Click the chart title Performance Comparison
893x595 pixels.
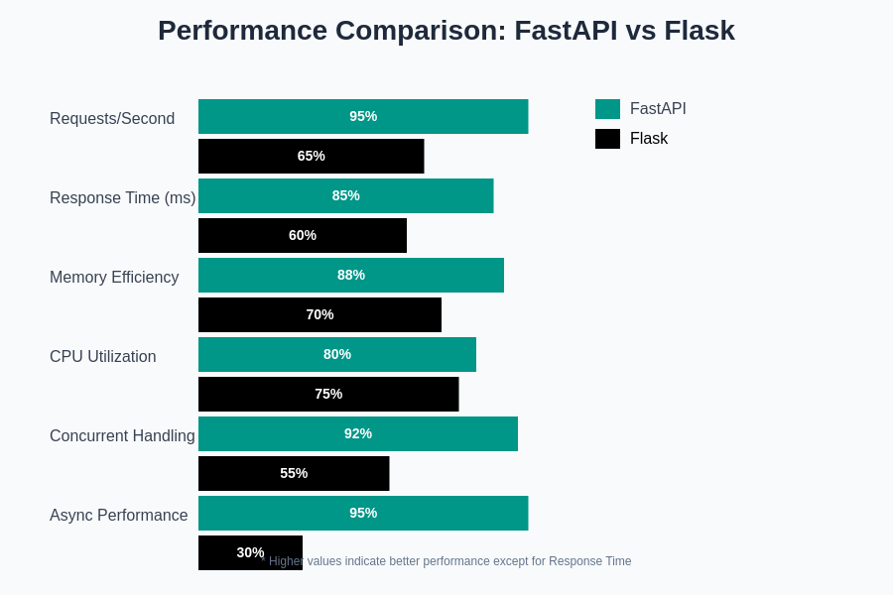click(x=446, y=31)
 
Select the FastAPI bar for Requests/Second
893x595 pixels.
click(x=363, y=116)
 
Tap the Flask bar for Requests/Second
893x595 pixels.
click(x=311, y=156)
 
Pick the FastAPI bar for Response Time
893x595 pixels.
click(x=345, y=195)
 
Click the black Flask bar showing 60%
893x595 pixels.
click(x=303, y=235)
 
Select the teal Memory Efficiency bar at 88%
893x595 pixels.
click(x=351, y=275)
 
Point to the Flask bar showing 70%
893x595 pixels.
click(x=319, y=314)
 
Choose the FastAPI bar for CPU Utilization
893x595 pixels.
click(x=337, y=354)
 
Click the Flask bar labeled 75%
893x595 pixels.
click(x=328, y=394)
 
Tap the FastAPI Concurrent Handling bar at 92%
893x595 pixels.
click(x=358, y=433)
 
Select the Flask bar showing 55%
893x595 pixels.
click(x=294, y=473)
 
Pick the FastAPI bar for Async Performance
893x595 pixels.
click(x=363, y=513)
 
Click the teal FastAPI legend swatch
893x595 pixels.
click(x=607, y=109)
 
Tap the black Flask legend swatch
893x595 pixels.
click(x=607, y=139)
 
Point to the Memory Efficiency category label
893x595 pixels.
click(x=114, y=278)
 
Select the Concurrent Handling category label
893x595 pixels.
click(x=122, y=436)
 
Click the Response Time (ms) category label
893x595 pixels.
click(x=122, y=198)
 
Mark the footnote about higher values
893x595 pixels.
click(x=449, y=561)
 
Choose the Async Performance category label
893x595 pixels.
click(x=118, y=516)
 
